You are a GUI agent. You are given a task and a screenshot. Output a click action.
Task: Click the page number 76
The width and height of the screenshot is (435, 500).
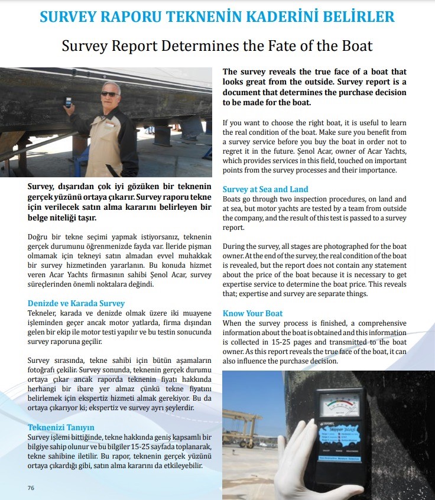[31, 488]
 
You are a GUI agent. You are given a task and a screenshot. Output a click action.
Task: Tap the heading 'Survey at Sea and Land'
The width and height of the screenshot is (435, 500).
[265, 189]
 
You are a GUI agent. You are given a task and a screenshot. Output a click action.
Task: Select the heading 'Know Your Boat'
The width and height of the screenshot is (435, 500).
[252, 313]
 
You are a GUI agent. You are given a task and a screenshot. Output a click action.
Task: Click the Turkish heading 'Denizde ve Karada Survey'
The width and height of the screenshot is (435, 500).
[76, 303]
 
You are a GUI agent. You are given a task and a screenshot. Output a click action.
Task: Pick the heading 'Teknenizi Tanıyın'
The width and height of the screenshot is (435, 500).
[61, 427]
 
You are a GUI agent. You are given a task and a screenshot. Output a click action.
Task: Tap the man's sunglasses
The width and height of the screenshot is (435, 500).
[109, 94]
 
